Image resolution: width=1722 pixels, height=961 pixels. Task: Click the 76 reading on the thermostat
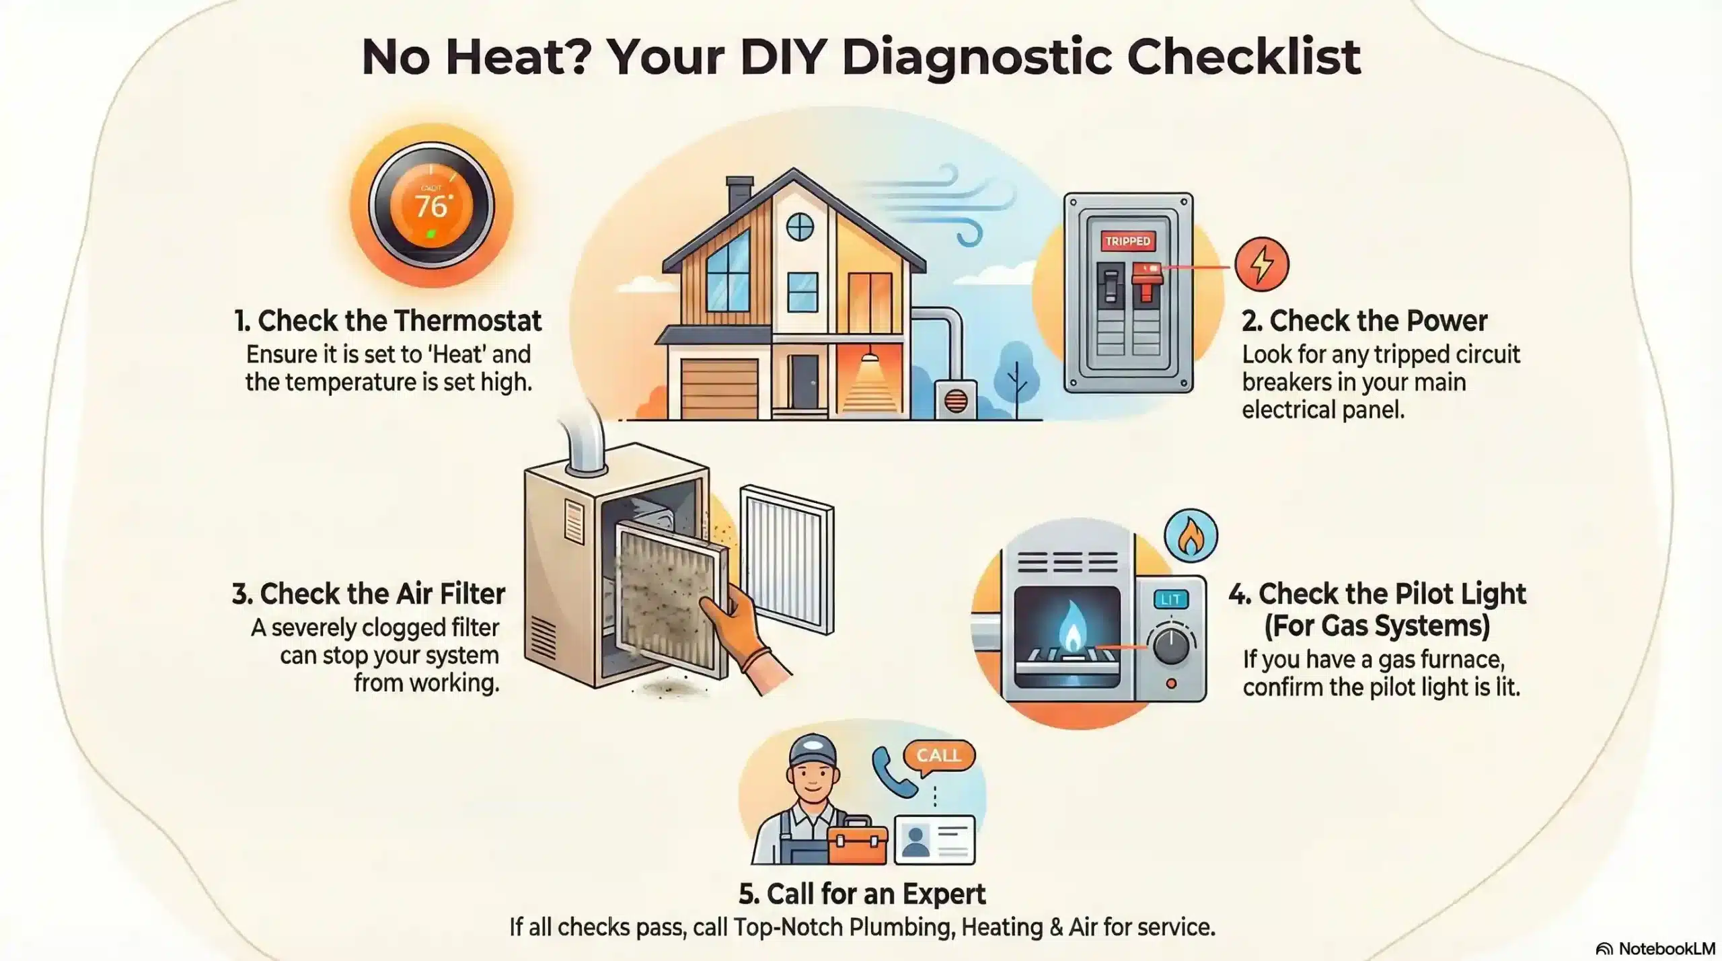430,205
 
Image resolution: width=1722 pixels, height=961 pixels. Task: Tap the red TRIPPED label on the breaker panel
1127,241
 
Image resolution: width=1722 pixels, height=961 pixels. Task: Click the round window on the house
800,227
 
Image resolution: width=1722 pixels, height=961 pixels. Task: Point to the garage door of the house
719,389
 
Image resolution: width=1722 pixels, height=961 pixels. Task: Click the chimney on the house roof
739,193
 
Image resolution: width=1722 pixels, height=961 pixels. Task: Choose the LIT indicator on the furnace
1170,599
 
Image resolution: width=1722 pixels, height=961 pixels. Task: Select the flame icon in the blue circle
1191,536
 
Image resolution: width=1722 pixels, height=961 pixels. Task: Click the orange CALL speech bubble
938,756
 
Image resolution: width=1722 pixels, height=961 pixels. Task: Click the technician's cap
813,751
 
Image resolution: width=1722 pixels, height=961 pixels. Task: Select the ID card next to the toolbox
934,840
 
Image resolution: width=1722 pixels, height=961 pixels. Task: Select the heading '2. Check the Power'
1363,321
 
